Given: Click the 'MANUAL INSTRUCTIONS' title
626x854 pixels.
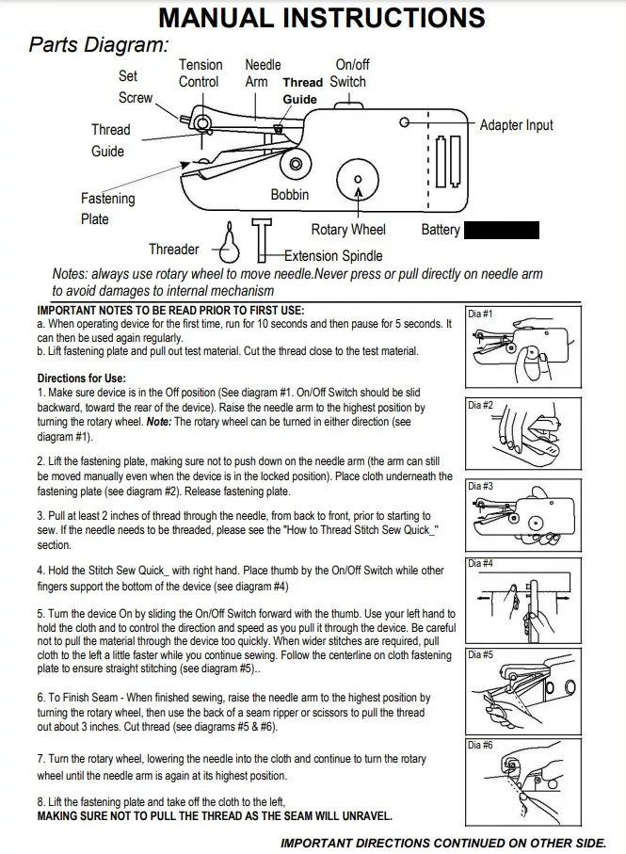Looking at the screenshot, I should click(321, 18).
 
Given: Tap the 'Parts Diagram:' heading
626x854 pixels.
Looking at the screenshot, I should click(99, 44).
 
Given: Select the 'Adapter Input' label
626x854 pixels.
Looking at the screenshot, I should click(516, 125).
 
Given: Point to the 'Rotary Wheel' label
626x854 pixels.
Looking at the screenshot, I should click(348, 230).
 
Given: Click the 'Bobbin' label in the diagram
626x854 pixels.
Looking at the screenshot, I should click(289, 195).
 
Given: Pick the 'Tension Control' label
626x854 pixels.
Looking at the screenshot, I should click(200, 73).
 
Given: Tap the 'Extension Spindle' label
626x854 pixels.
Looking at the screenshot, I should click(333, 255).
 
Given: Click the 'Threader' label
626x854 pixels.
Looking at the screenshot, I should click(173, 250).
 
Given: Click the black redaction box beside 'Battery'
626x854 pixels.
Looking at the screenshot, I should click(502, 230).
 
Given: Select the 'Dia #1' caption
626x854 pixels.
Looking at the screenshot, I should click(480, 313).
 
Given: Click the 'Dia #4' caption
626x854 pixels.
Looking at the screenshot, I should click(480, 564).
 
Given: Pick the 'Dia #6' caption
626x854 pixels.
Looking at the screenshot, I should click(480, 745).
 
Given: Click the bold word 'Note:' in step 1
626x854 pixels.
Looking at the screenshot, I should click(159, 423).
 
